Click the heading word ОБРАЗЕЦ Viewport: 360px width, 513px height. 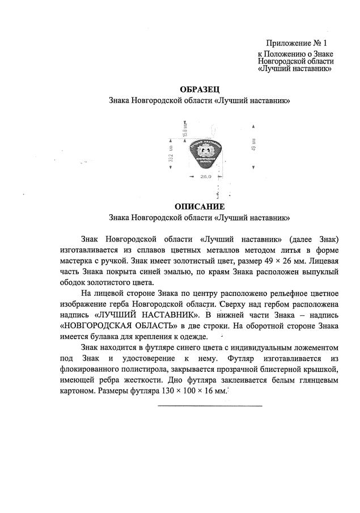tap(199, 89)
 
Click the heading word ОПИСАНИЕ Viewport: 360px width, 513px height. tap(199, 206)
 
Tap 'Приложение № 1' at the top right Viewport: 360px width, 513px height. tap(297, 43)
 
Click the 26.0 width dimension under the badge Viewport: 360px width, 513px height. tap(205, 177)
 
